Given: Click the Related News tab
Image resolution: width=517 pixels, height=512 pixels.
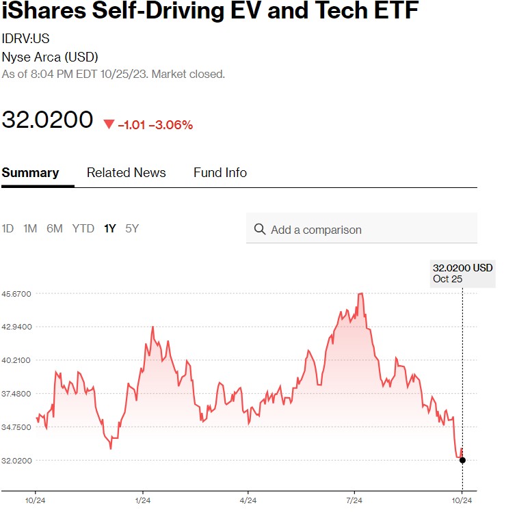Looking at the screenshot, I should point(126,173).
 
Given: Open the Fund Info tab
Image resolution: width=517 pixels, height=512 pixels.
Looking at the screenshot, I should point(220,173).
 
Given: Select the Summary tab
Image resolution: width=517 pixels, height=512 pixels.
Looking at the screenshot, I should point(30,173).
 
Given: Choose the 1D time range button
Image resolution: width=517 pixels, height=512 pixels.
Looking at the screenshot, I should point(8,229).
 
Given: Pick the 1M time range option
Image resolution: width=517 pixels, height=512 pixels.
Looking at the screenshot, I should point(30,229).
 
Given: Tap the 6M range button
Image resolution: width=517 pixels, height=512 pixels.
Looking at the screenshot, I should point(55,229).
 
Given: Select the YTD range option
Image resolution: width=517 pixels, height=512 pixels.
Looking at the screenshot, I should point(83,229).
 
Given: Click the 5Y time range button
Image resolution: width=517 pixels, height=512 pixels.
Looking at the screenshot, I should point(132,229).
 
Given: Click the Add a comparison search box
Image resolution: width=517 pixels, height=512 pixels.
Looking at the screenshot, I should point(369,230).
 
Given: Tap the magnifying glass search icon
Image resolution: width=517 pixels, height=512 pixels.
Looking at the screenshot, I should point(260,229).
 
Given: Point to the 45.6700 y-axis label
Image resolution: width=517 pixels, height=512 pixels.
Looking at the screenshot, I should point(16,293).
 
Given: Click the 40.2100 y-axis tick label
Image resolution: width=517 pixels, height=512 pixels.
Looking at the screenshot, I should point(16,360).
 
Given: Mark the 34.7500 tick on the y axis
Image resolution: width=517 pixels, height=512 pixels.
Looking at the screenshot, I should point(16,427).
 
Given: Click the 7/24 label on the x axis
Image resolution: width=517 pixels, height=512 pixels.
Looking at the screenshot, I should point(354,501).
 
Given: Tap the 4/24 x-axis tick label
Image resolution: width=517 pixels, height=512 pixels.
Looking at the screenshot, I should point(248,501).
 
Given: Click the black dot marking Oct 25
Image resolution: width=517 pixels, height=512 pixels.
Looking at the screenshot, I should point(462,460).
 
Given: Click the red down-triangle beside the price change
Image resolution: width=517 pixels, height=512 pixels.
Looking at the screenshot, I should point(109,124).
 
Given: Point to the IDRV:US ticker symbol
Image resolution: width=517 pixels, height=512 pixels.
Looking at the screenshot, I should point(25,38).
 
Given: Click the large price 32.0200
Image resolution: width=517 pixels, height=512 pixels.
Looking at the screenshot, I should point(47,120).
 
